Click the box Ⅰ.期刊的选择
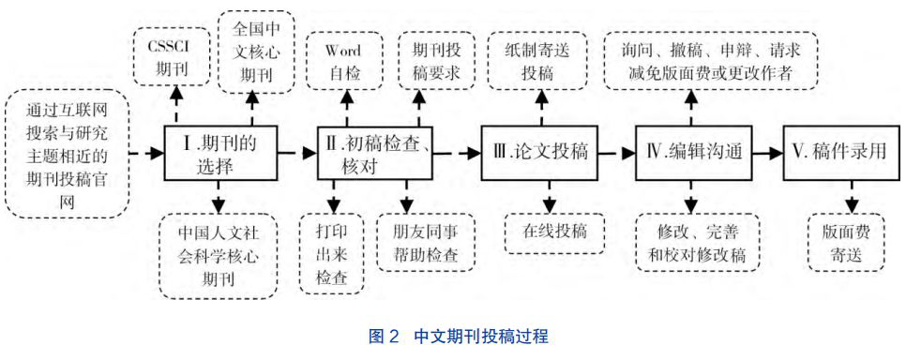coord(219,155)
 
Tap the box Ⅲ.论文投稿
coord(541,153)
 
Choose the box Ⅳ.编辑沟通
coord(694,153)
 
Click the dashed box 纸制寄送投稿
coord(540,59)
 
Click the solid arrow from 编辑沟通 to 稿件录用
coord(766,153)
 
